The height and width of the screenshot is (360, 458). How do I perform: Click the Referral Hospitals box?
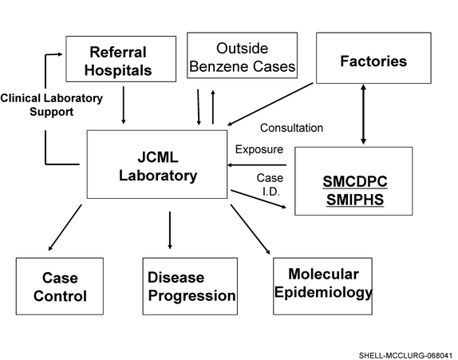tap(121, 59)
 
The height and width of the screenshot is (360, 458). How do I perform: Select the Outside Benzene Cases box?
tap(242, 55)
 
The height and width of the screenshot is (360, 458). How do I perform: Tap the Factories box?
tap(373, 57)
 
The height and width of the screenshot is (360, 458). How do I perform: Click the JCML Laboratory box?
tap(157, 164)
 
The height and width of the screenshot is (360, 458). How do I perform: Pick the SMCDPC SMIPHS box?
tap(353, 181)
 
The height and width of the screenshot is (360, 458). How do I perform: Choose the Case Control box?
tap(60, 286)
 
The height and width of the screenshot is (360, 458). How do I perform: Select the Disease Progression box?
tap(190, 286)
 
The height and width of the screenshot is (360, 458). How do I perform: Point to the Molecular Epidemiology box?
tap(322, 286)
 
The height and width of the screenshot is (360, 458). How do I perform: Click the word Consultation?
tap(291, 128)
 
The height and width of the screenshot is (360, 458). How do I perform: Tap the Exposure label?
tap(259, 149)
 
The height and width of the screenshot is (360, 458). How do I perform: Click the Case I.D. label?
tap(270, 184)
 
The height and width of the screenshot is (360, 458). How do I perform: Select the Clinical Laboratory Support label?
tap(51, 105)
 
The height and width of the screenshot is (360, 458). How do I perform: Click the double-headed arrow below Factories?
tap(363, 114)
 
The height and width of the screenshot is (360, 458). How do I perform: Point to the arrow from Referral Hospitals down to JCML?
tap(123, 105)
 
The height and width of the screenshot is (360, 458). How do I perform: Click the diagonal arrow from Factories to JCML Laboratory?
tap(270, 104)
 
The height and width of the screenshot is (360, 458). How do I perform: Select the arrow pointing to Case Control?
tap(65, 227)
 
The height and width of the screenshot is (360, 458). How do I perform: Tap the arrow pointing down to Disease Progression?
tap(170, 230)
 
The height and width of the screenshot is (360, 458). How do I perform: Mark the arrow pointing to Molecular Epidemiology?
tap(251, 229)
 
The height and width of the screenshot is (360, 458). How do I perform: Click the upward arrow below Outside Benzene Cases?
tap(213, 107)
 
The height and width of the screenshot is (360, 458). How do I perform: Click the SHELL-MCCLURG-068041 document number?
tap(405, 356)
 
